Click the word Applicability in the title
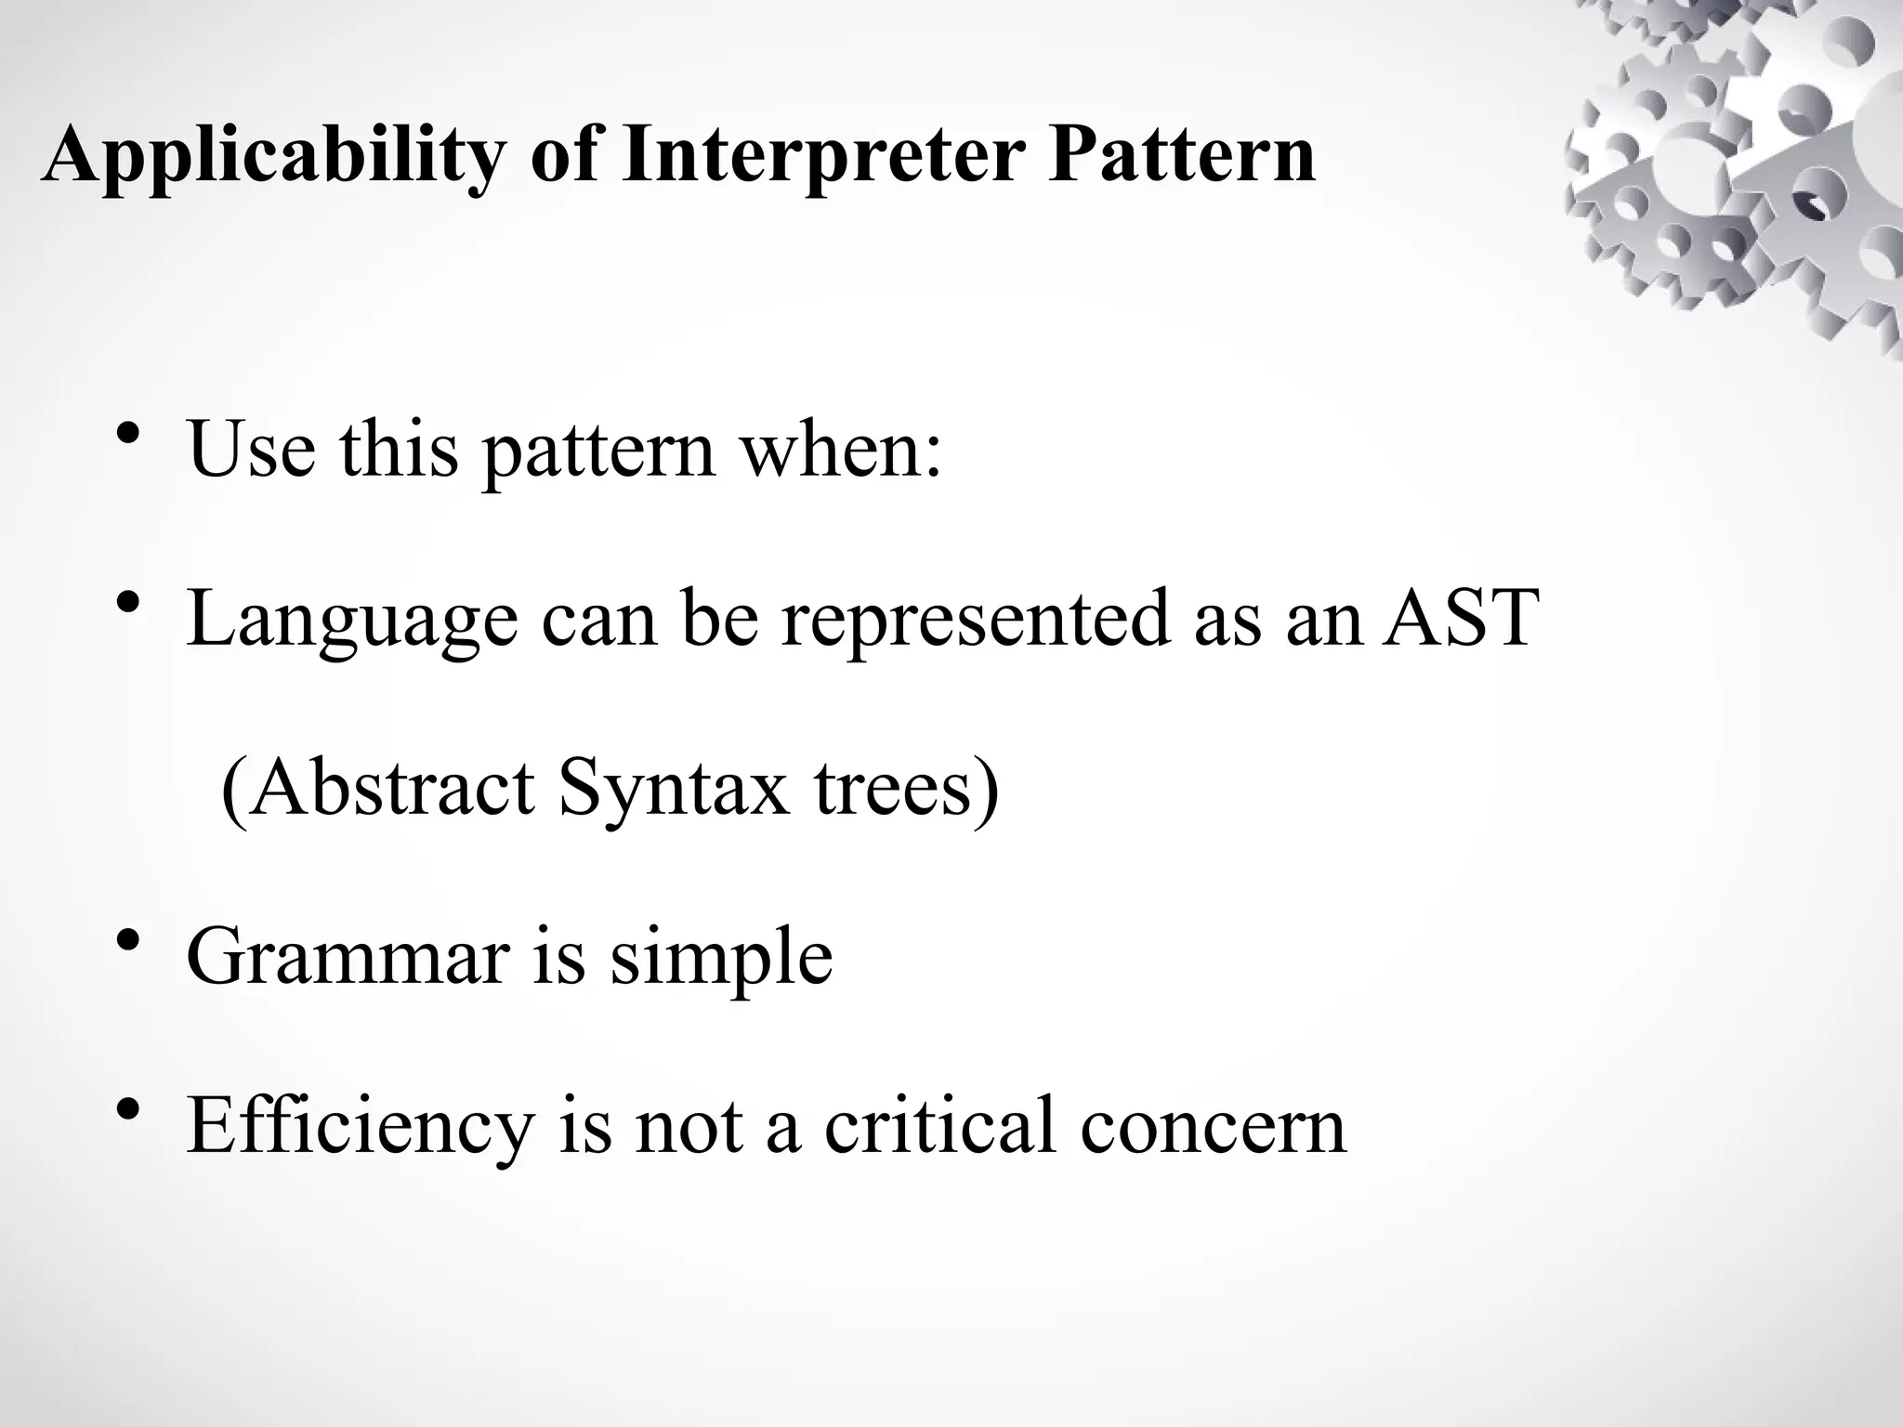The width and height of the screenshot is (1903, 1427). [274, 155]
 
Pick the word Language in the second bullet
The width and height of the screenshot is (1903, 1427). [352, 621]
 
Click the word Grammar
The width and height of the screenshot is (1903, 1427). [348, 958]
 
